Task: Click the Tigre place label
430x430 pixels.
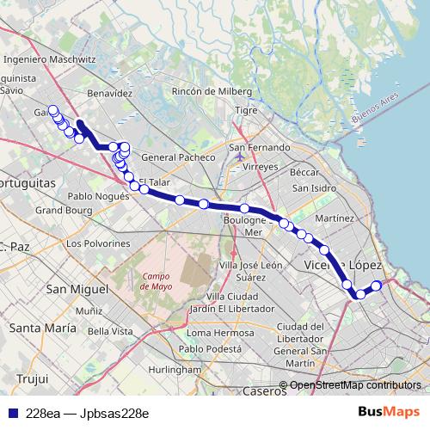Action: coord(247,111)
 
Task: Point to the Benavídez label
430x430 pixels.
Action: coord(109,92)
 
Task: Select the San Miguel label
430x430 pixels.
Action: coord(74,288)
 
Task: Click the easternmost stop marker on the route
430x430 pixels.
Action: coord(376,286)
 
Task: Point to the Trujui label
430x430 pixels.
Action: coord(32,378)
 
